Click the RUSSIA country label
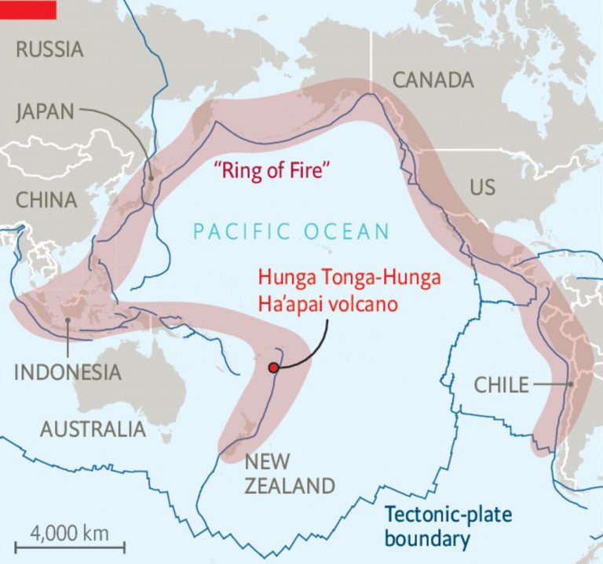tap(49, 50)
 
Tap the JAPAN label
tap(45, 112)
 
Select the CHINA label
tap(46, 199)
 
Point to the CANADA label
tap(433, 80)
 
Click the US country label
tap(483, 187)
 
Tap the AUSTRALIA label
tap(93, 429)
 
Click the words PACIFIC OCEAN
tap(291, 231)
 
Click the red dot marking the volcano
tap(272, 367)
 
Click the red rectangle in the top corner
tap(28, 9)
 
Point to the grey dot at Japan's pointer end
tap(150, 178)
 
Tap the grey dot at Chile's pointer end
tap(570, 384)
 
